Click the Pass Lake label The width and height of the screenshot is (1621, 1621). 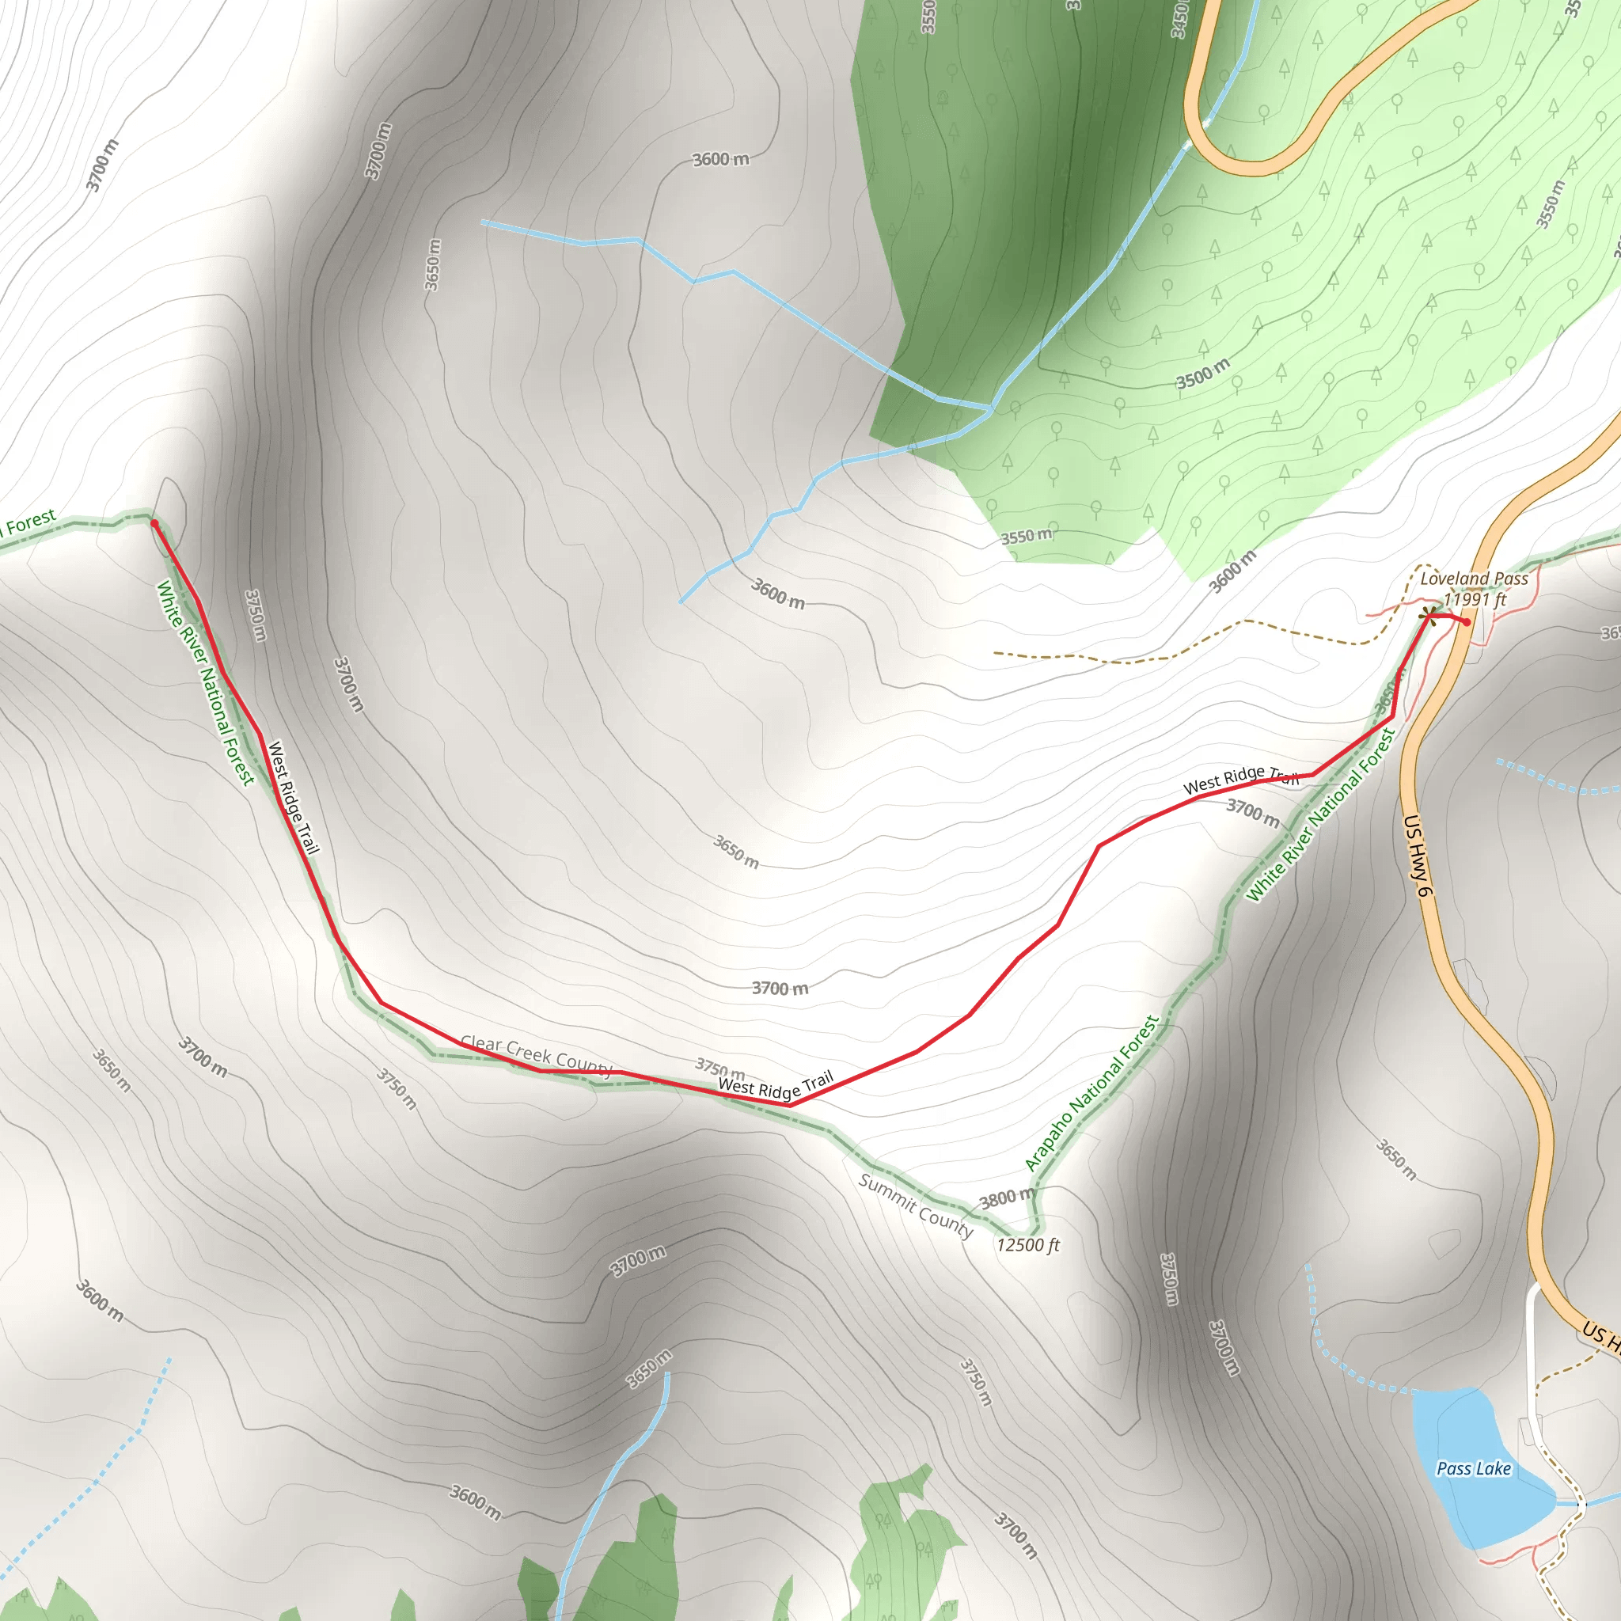tap(1473, 1468)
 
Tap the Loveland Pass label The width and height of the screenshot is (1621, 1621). tap(1474, 578)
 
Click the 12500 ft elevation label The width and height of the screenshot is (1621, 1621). tap(1028, 1245)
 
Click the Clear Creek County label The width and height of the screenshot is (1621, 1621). tap(536, 1054)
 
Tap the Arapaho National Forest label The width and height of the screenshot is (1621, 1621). tap(1091, 1092)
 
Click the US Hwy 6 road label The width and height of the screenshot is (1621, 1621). tap(1416, 855)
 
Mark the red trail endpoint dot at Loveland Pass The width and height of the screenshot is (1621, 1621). tap(1466, 621)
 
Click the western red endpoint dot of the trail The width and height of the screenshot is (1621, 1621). tap(154, 523)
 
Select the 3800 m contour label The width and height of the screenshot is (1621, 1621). tap(1008, 1198)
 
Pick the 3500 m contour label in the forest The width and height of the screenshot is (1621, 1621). tap(1202, 374)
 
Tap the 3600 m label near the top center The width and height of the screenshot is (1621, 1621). tap(721, 159)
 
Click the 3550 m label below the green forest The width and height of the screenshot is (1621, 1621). tap(1026, 535)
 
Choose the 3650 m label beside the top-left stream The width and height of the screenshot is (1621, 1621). tap(433, 265)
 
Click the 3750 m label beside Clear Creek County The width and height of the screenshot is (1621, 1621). tap(719, 1069)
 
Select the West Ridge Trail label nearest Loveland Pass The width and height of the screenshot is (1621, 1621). tap(1241, 779)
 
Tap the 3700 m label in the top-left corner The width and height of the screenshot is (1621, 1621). tap(101, 165)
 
